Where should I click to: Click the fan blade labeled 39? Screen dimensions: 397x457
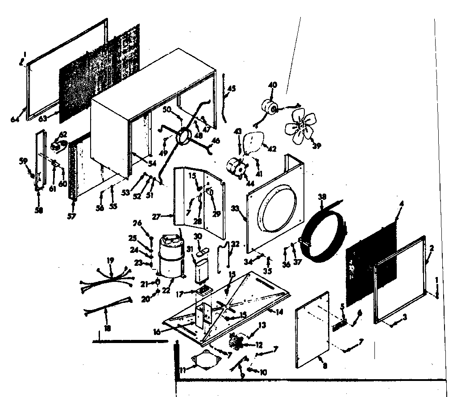[x=300, y=128]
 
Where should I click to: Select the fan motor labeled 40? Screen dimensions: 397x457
[x=269, y=107]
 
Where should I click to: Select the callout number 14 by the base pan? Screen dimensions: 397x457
[x=279, y=312]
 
